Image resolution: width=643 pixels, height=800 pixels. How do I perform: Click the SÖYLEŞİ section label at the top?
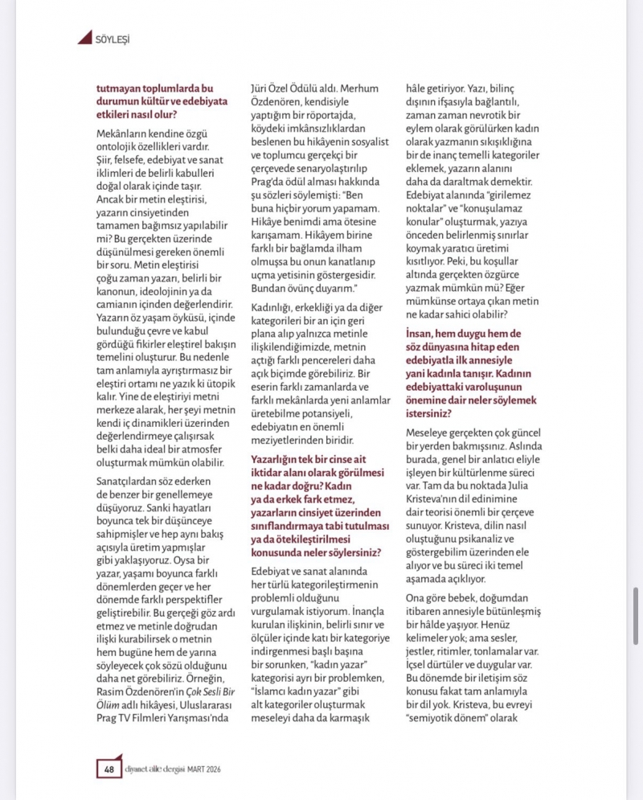click(x=113, y=38)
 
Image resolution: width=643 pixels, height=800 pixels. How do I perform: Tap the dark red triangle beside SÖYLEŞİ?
click(x=85, y=37)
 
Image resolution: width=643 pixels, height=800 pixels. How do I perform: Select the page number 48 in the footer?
click(x=107, y=769)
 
